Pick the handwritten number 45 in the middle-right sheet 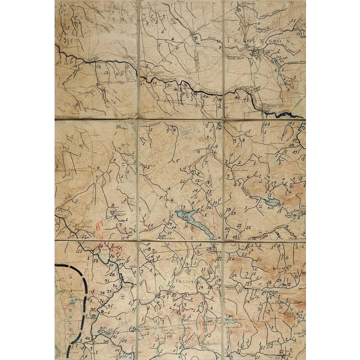[292, 123]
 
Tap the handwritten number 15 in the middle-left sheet [58, 209]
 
